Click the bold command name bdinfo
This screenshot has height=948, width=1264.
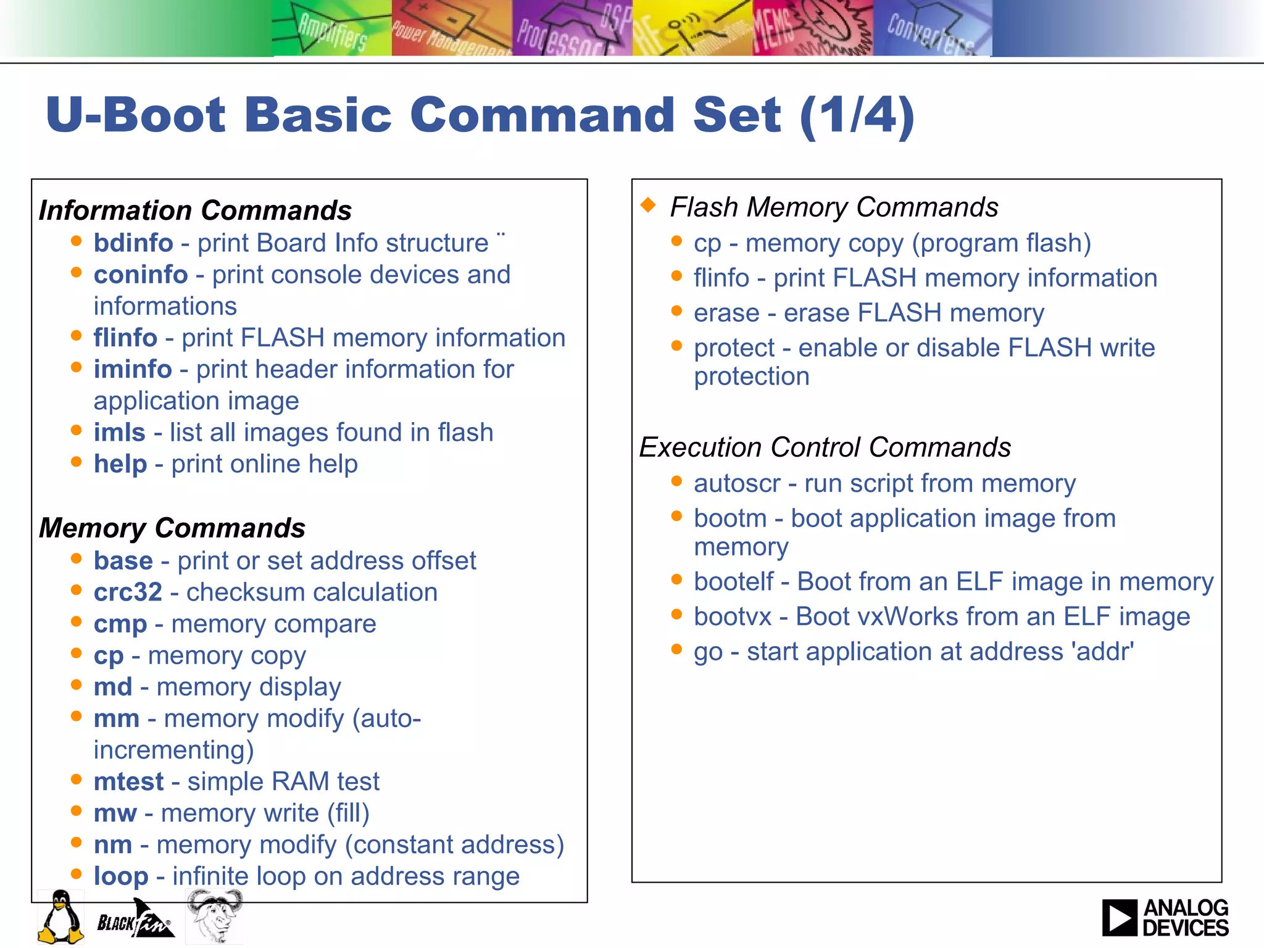(x=133, y=243)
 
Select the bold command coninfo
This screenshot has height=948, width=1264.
(x=141, y=275)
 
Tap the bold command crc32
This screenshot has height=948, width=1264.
(x=128, y=592)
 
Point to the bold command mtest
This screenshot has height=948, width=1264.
(x=128, y=782)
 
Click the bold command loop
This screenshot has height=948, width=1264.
(x=121, y=876)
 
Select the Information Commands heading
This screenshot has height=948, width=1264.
(x=195, y=210)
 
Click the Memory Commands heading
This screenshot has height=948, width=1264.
(x=172, y=528)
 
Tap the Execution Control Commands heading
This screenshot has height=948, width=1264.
(x=825, y=447)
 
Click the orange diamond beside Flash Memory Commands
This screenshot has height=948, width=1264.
(x=648, y=205)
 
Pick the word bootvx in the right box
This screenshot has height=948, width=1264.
(x=733, y=617)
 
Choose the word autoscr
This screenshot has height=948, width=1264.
(x=737, y=484)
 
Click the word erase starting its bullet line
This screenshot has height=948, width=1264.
(x=726, y=314)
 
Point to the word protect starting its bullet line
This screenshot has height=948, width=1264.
(x=734, y=348)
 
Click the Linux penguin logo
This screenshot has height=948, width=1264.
(x=60, y=917)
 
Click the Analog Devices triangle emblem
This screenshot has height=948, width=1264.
(x=1119, y=918)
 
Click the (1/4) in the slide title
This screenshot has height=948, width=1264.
(x=857, y=115)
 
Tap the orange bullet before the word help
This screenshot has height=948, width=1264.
(x=77, y=462)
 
